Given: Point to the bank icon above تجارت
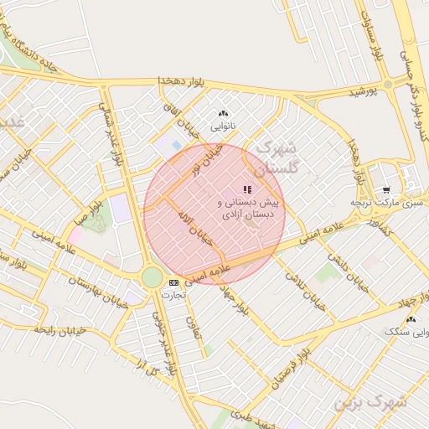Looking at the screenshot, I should click(x=173, y=282).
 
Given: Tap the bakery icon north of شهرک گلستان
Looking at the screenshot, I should click(x=223, y=114).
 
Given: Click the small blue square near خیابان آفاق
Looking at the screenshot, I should click(x=176, y=146).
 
